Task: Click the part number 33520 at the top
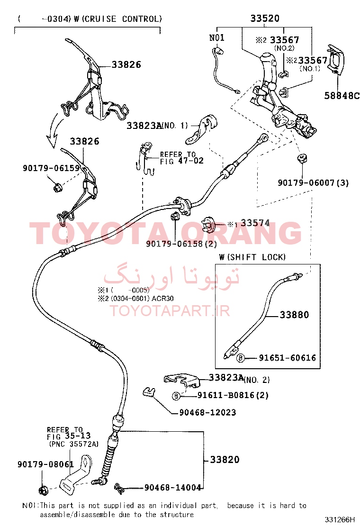[x=265, y=18]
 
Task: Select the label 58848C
[x=342, y=96]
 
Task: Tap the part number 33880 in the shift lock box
[x=294, y=315]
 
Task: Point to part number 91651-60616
[x=287, y=358]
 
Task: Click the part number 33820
[x=225, y=459]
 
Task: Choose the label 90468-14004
[x=172, y=487]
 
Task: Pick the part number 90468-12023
[x=207, y=412]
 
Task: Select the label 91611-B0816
[x=225, y=395]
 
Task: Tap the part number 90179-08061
[x=45, y=464]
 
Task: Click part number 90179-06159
[x=51, y=168]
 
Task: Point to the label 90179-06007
[x=306, y=183]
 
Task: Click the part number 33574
[x=255, y=223]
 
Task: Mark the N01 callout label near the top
[x=216, y=37]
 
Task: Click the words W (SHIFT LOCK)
[x=252, y=257]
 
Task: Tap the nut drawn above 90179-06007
[x=302, y=158]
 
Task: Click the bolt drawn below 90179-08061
[x=43, y=490]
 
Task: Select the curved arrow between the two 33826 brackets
[x=54, y=131]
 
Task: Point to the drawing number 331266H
[x=340, y=519]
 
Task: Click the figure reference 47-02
[x=191, y=161]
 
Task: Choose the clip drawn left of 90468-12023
[x=148, y=392]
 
